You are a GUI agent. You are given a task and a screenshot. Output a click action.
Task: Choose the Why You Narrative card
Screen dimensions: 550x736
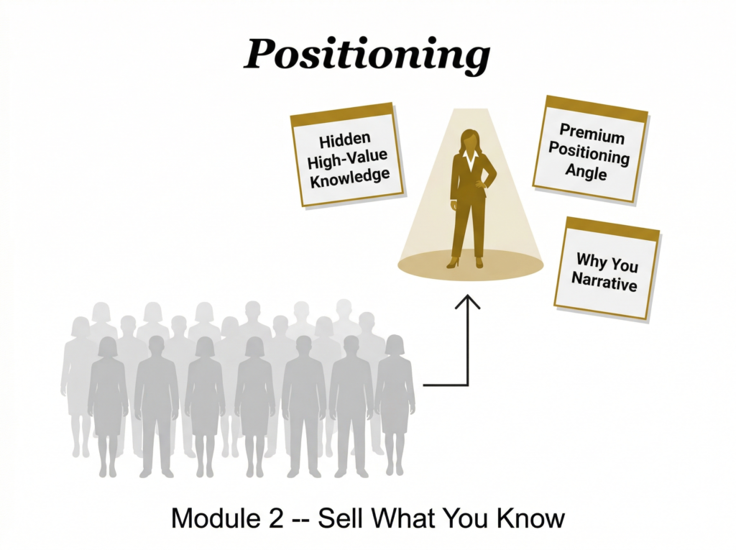606,269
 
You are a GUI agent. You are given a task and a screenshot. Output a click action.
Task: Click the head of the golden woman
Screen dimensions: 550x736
470,138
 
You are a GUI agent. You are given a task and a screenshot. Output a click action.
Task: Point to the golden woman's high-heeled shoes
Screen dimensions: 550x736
466,262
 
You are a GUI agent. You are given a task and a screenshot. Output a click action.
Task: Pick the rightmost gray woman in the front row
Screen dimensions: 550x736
395,403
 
